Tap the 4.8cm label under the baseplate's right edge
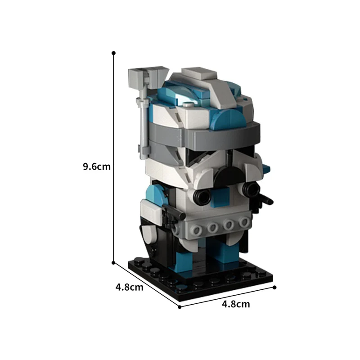tap(236, 304)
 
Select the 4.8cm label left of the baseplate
tap(130, 287)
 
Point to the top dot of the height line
tap(114, 53)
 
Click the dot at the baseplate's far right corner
tap(274, 286)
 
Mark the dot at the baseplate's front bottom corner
tap(180, 307)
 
